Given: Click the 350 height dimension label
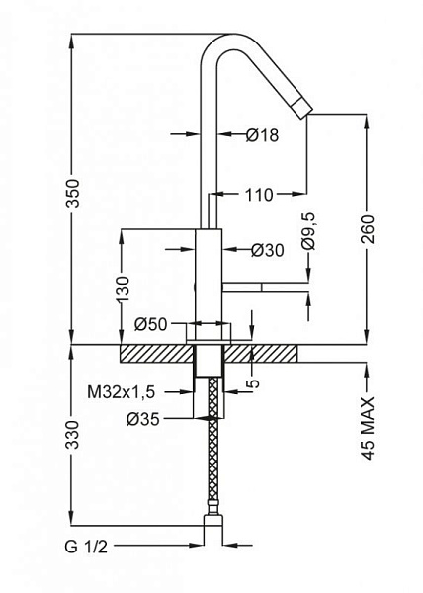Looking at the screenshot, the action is click(73, 194).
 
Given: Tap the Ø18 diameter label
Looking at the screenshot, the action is click(262, 135).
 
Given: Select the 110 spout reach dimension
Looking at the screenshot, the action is click(259, 195).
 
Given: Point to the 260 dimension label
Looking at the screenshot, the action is click(367, 229).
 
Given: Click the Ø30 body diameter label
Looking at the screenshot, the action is click(268, 250).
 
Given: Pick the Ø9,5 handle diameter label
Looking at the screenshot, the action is click(308, 231).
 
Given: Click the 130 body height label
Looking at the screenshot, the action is click(123, 290).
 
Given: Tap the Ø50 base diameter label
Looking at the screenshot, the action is click(150, 324).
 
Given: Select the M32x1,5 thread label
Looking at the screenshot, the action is click(121, 392).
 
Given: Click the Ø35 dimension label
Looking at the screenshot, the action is click(143, 419).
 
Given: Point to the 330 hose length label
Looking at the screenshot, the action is click(73, 435).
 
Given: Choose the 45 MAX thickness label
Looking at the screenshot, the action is click(368, 428).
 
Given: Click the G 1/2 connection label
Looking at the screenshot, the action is click(86, 547).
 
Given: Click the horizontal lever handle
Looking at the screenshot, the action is click(266, 287).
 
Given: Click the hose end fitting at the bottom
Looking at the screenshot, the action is click(213, 523).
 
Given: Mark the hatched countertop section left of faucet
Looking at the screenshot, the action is click(156, 354).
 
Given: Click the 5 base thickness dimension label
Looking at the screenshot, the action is click(253, 382).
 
